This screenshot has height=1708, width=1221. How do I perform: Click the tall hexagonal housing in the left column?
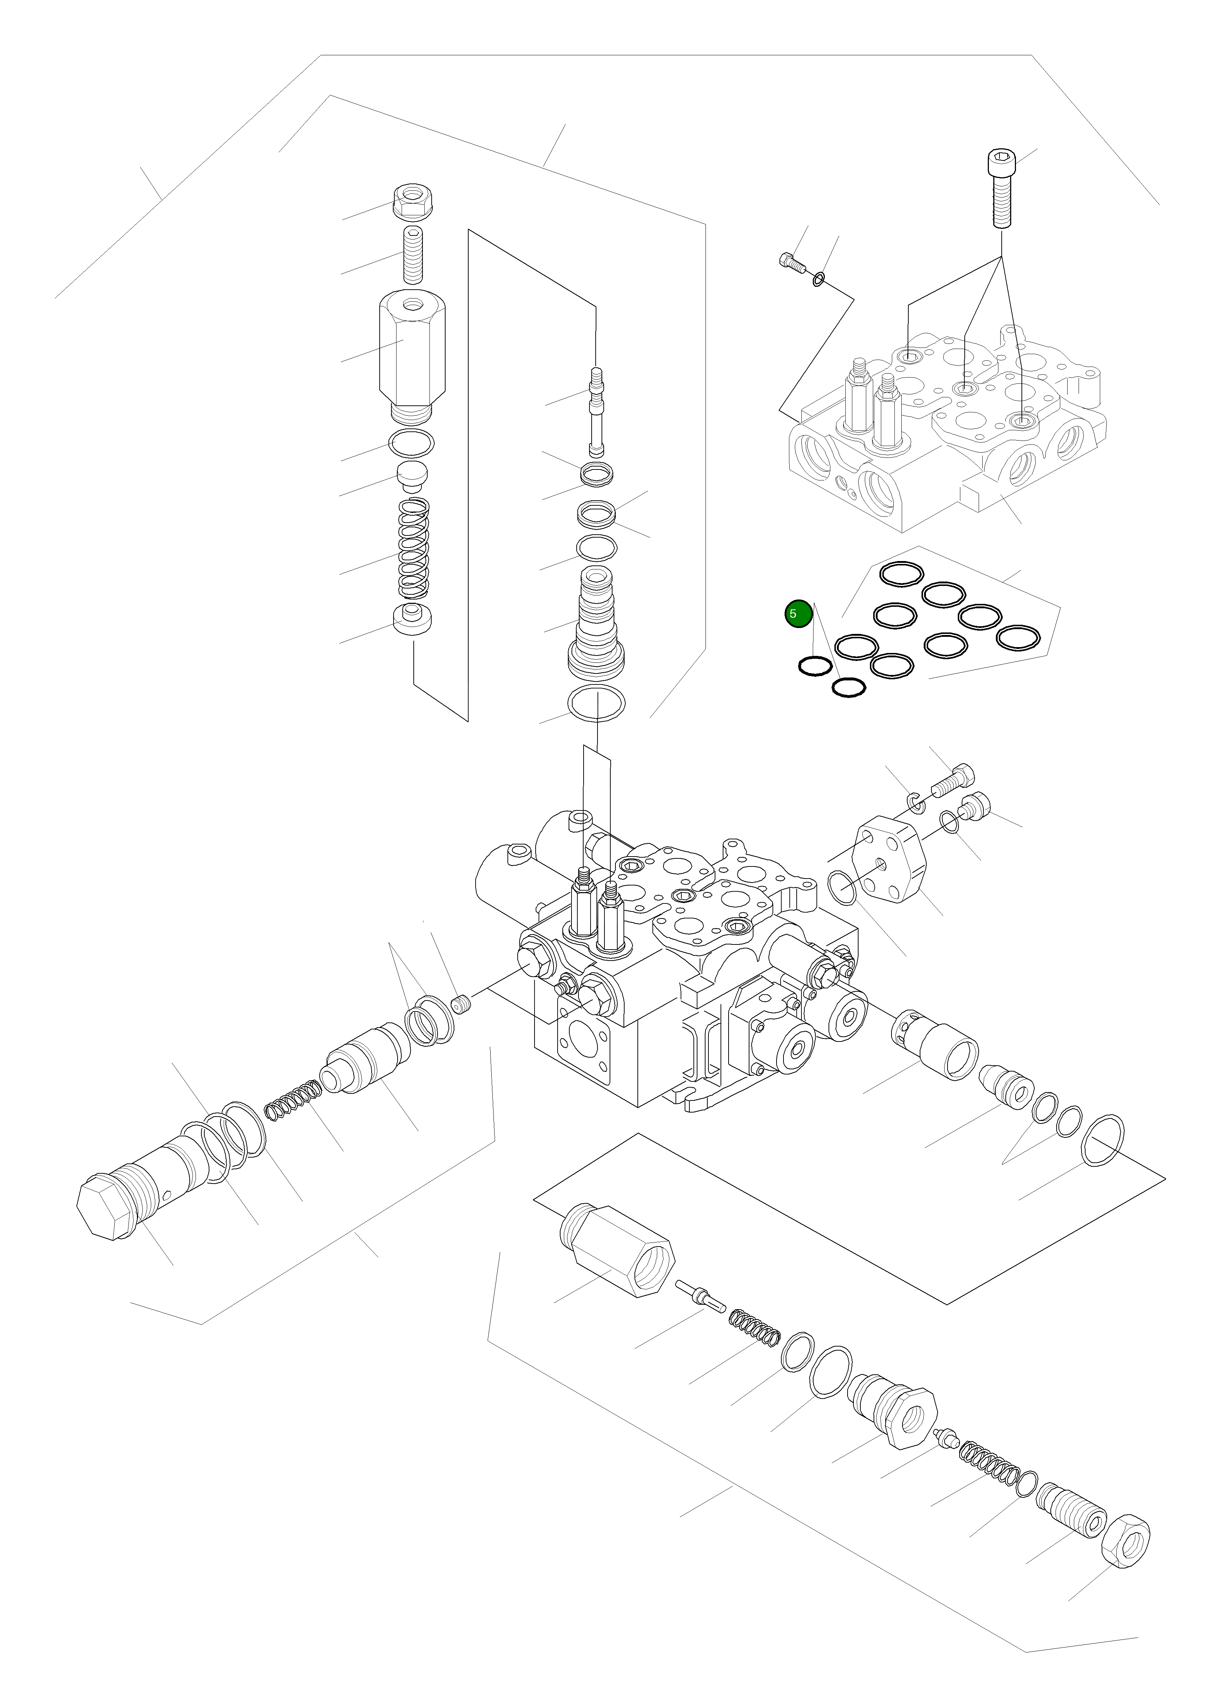(412, 353)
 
